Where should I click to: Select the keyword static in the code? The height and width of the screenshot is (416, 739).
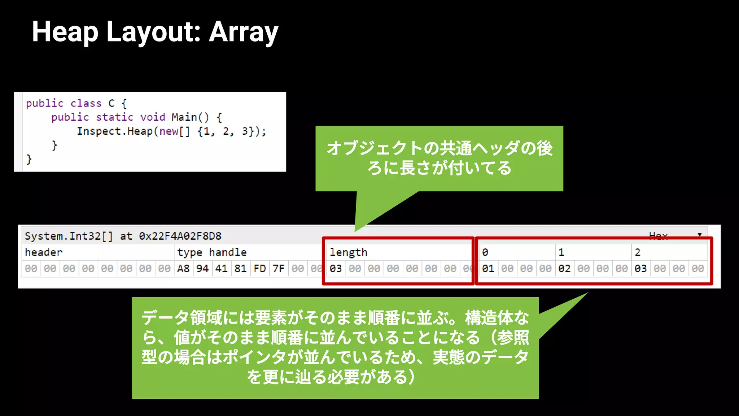[114, 117]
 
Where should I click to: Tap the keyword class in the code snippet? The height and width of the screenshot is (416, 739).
[86, 103]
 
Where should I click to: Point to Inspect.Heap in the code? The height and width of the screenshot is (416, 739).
[114, 131]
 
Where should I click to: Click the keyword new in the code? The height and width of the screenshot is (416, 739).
[169, 131]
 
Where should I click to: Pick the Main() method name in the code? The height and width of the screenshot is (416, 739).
[190, 117]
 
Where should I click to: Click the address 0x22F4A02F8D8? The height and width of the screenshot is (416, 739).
[180, 236]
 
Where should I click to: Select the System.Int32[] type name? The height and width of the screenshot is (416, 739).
[69, 236]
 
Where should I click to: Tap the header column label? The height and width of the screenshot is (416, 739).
[44, 252]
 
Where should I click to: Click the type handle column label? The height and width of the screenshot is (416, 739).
[212, 252]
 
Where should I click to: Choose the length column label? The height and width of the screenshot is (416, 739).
[349, 252]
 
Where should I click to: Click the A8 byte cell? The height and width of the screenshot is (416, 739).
[183, 269]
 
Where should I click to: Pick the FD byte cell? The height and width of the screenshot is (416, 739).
[260, 269]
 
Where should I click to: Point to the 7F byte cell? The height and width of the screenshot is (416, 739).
[279, 269]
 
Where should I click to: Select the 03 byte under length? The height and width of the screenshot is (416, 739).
[336, 269]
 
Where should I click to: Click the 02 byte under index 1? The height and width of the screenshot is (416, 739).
[564, 269]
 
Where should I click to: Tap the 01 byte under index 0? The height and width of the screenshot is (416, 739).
[488, 269]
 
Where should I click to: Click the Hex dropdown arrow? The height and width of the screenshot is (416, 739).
[700, 235]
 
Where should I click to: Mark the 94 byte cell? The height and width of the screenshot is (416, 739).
[202, 269]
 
